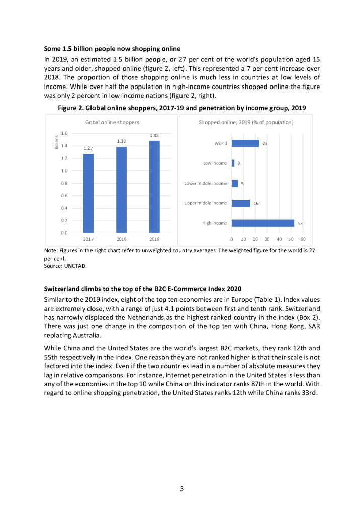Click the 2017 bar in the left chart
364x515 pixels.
click(88, 193)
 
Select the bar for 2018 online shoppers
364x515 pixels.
click(121, 189)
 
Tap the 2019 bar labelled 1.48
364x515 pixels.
click(154, 187)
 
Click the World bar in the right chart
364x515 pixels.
click(245, 143)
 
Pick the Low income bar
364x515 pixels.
click(233, 163)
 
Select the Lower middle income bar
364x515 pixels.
click(235, 184)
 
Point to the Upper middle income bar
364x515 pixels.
click(241, 203)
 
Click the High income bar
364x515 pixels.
click(262, 223)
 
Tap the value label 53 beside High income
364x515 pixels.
click(300, 223)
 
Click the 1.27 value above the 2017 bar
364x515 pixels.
click(88, 148)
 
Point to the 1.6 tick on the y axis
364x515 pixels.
click(64, 133)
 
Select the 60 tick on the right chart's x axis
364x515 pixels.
click(303, 239)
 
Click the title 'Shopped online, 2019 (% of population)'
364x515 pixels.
click(246, 122)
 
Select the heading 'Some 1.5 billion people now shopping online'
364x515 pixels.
click(112, 49)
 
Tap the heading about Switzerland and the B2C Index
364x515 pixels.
click(143, 289)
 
